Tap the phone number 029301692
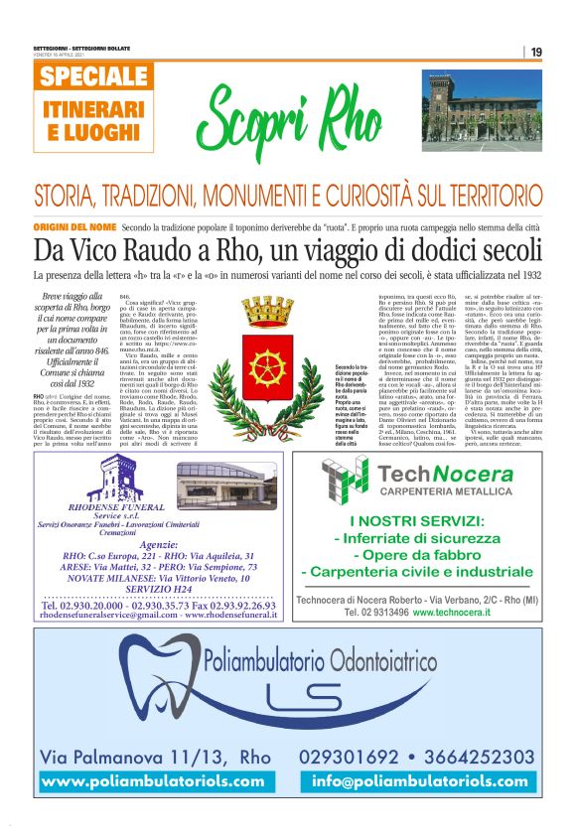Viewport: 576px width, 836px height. (360, 758)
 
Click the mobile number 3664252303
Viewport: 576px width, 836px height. (476, 758)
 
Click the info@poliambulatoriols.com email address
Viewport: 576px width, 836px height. (420, 781)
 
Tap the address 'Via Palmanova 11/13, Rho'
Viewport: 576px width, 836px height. (155, 758)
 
